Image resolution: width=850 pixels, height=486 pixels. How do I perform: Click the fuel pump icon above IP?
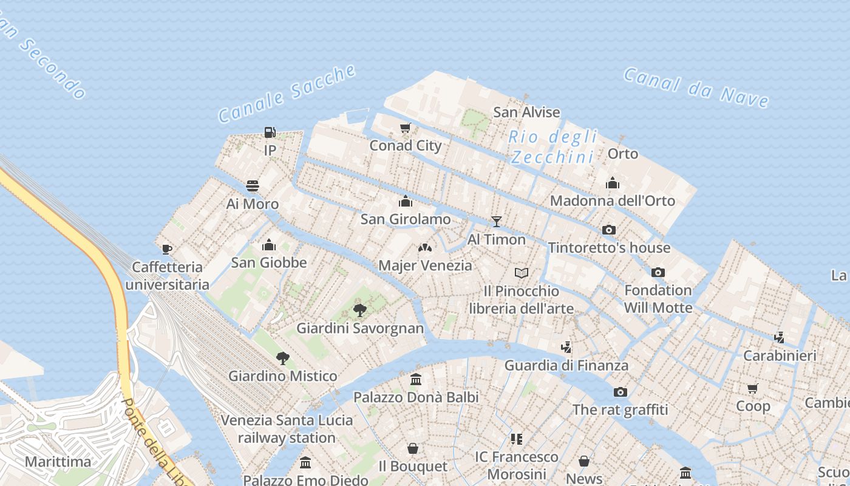pyautogui.click(x=270, y=132)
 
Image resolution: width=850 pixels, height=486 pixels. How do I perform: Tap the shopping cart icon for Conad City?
pyautogui.click(x=406, y=128)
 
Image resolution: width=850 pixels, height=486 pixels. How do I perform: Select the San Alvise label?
pyautogui.click(x=526, y=112)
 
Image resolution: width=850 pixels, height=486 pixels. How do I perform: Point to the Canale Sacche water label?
pyautogui.click(x=287, y=93)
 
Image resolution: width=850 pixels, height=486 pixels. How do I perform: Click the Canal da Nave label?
pyautogui.click(x=696, y=87)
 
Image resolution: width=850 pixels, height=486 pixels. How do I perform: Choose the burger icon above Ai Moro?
pyautogui.click(x=253, y=186)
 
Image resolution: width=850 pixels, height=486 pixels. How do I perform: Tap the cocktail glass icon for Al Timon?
pyautogui.click(x=497, y=222)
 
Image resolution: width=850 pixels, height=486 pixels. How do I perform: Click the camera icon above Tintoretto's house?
pyautogui.click(x=609, y=230)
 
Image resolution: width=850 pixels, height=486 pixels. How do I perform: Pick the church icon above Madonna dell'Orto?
pyautogui.click(x=613, y=183)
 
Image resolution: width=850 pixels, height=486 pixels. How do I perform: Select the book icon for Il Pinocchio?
pyautogui.click(x=522, y=273)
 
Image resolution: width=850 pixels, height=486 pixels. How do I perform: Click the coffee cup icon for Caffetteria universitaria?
pyautogui.click(x=167, y=249)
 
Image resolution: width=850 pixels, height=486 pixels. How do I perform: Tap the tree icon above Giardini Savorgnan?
pyautogui.click(x=360, y=310)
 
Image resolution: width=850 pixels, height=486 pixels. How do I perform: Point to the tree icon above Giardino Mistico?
pyautogui.click(x=282, y=358)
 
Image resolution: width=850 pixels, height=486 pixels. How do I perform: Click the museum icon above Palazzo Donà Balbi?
pyautogui.click(x=416, y=380)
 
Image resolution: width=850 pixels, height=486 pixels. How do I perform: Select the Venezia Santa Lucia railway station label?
pyautogui.click(x=287, y=429)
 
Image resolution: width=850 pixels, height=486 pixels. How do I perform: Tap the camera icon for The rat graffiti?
pyautogui.click(x=620, y=392)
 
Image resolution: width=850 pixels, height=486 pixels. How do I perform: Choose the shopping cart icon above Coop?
pyautogui.click(x=753, y=388)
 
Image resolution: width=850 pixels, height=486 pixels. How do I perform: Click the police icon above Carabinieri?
pyautogui.click(x=780, y=337)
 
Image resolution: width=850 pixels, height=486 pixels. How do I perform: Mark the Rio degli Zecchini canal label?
pyautogui.click(x=552, y=147)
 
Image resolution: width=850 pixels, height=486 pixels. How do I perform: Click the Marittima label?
pyautogui.click(x=58, y=462)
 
